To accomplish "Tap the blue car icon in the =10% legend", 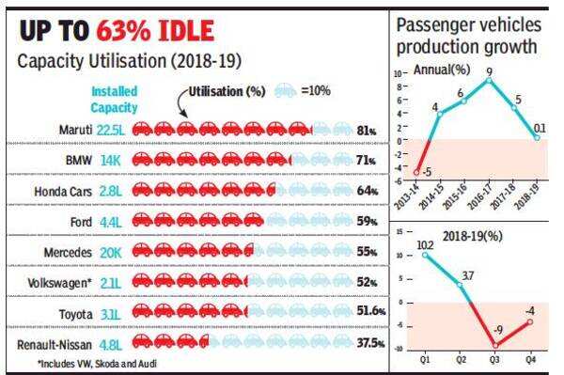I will click(285, 92).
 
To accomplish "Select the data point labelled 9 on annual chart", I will click(488, 80).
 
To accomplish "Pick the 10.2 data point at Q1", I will click(425, 255).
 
